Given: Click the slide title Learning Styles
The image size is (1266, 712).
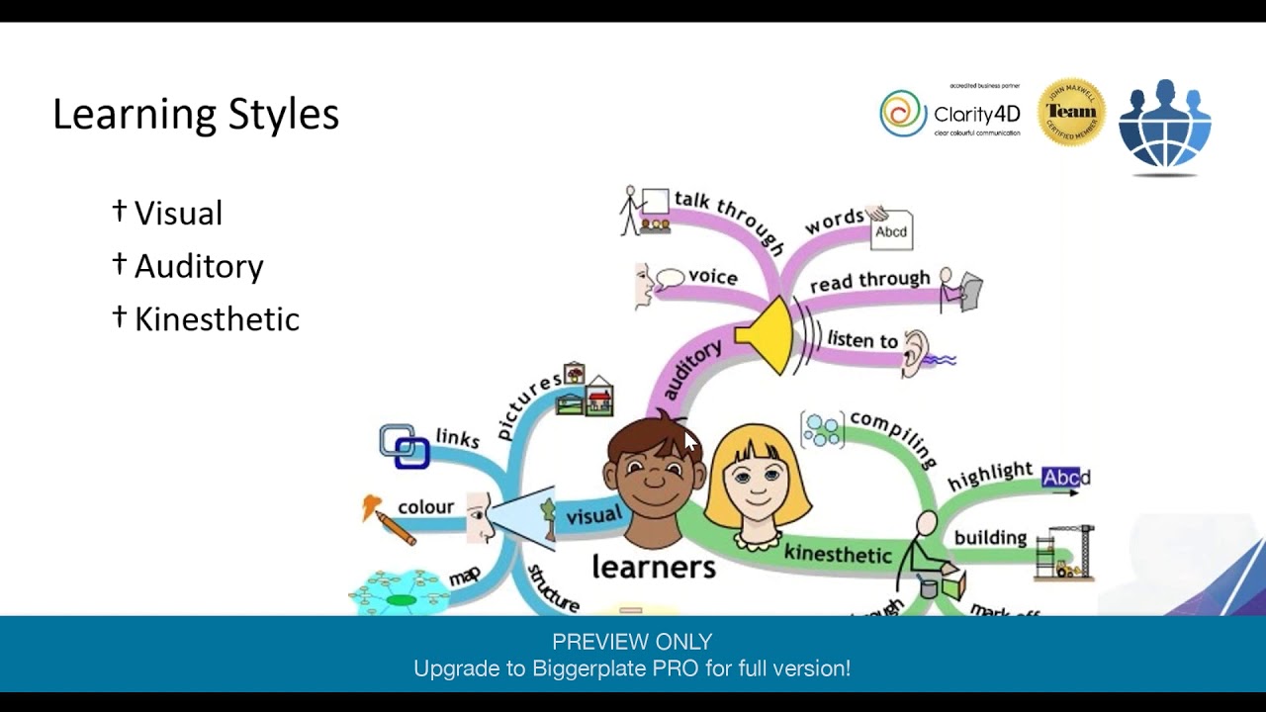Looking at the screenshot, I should coord(196,115).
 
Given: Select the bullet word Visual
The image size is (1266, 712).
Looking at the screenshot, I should coord(178,214).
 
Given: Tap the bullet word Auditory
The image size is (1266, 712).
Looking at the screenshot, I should coord(199,266).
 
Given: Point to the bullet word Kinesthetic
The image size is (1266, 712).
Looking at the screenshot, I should coord(217,319).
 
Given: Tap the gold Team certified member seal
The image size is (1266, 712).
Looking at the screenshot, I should coord(1071,113).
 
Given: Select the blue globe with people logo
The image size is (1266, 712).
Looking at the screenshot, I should coord(1165,125).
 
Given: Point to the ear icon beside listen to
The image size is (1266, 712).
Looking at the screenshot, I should coord(917,351).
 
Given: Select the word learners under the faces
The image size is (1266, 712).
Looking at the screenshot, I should coord(653,567).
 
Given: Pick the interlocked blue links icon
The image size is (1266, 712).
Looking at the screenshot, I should coord(405,446).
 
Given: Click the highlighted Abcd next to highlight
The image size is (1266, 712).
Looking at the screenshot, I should coord(1065,479).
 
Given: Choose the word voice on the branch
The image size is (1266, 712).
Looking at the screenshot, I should coord(713,277).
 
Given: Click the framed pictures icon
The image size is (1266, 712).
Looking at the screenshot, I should coord(585,392).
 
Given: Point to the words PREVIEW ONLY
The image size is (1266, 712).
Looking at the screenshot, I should coord(632,642).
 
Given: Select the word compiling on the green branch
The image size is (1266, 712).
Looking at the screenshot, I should coord(892,436).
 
